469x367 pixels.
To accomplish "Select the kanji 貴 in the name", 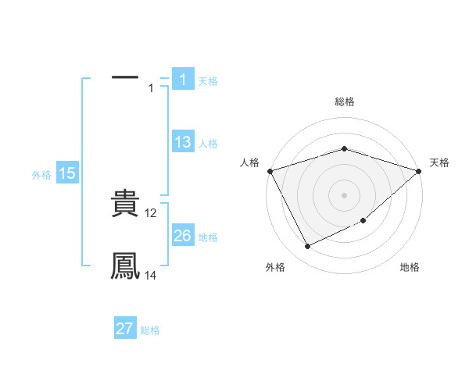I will point(125,204).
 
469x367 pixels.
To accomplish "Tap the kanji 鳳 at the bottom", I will point(125,266).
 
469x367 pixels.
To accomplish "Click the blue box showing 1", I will point(183,80).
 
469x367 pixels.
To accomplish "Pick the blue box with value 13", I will point(183,142).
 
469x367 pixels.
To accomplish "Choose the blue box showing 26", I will point(183,236).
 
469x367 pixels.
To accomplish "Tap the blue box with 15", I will point(67,173).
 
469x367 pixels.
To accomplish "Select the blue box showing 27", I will point(125,329).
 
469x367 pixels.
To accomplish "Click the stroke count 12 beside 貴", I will point(151,212).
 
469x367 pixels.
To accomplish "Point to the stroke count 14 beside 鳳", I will point(151,275).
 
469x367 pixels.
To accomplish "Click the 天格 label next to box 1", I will point(208,81).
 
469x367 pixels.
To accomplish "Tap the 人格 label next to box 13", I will point(208,144).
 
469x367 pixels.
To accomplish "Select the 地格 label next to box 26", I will point(208,237).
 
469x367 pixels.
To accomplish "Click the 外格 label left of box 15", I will point(41,175).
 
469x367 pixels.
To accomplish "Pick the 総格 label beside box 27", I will point(150,330).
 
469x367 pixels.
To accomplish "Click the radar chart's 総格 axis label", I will point(344,102).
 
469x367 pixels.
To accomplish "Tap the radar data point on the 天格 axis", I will point(419,170).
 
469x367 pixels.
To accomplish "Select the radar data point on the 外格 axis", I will point(307,246).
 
